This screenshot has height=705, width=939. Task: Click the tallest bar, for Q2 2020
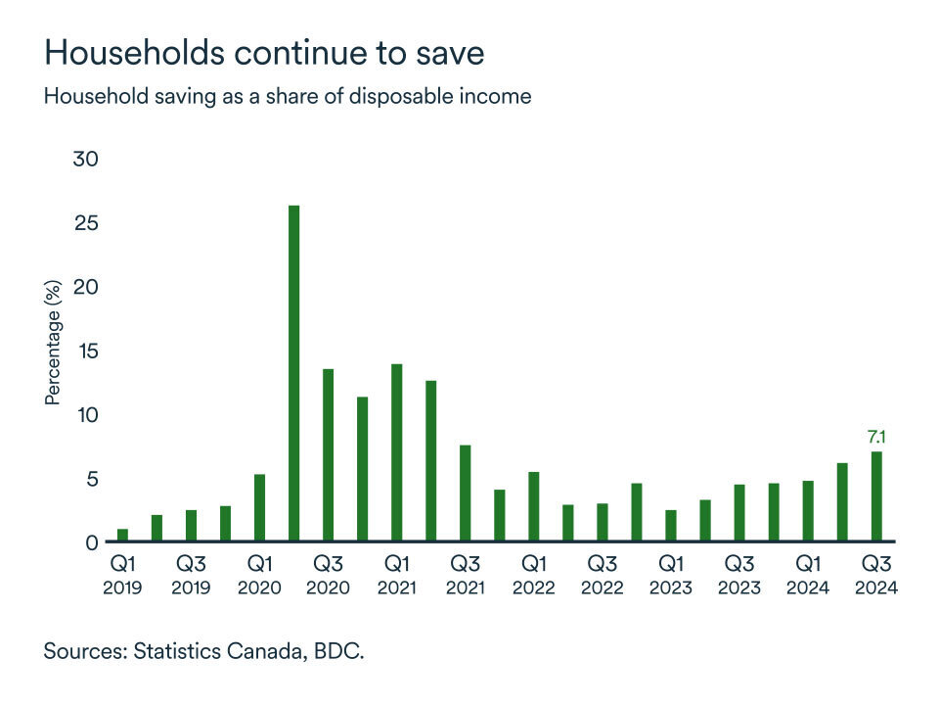pos(293,373)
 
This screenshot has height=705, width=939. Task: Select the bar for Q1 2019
pos(122,535)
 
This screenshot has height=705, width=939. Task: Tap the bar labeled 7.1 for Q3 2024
pos(876,495)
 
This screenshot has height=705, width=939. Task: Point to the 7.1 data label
pos(876,437)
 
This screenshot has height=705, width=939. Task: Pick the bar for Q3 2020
pos(328,454)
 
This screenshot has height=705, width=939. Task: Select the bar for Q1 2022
pos(533,506)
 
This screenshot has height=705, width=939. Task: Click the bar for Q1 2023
pos(670,525)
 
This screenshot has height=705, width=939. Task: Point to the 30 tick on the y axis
pos(86,159)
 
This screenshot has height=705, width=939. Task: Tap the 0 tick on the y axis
pos(92,542)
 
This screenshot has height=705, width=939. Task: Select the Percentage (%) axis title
pos(54,343)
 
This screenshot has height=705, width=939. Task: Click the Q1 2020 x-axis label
pos(259,576)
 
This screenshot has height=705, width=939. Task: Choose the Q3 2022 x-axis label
pos(602,576)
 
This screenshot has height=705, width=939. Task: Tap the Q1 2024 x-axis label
pos(808,576)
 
